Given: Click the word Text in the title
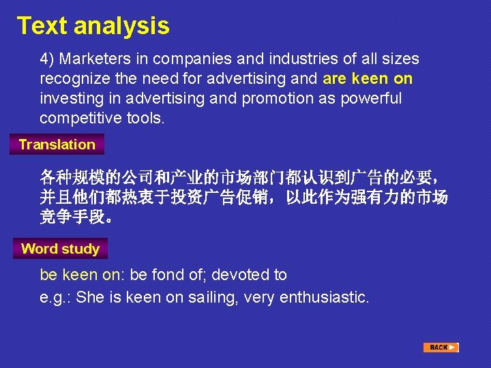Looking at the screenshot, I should tap(42, 26).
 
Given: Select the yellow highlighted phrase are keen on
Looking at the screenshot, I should tap(368, 79).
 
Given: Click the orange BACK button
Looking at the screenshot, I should tap(440, 348).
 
